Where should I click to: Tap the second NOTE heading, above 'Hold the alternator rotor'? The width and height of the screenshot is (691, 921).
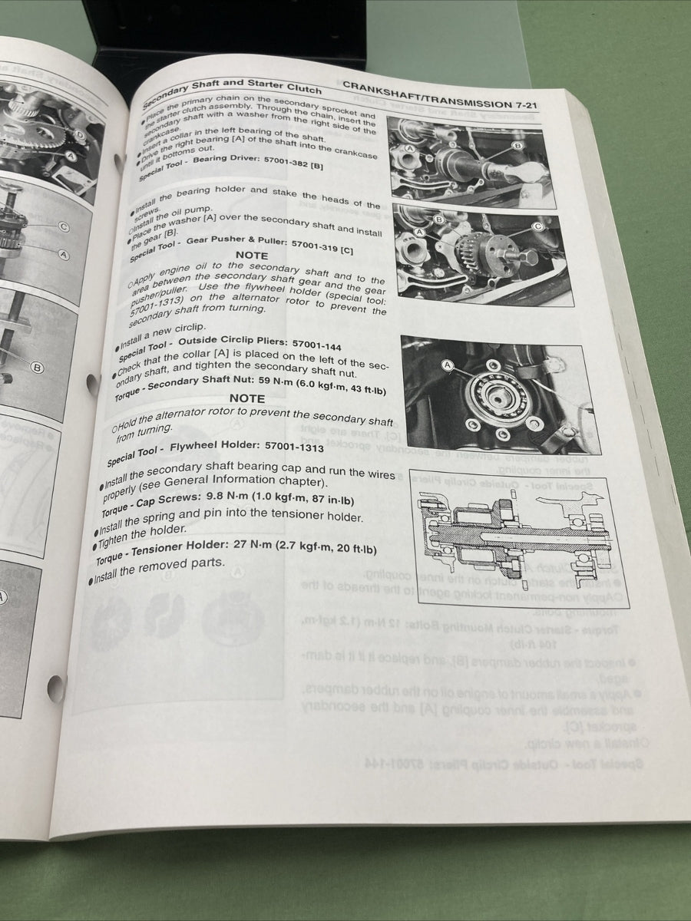247,398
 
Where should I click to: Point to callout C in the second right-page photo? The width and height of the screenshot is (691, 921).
537,226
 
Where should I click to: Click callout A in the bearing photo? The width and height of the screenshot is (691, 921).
448,365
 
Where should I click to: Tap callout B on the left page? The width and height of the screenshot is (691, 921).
36,368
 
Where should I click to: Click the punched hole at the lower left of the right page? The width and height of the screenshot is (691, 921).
56,688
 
